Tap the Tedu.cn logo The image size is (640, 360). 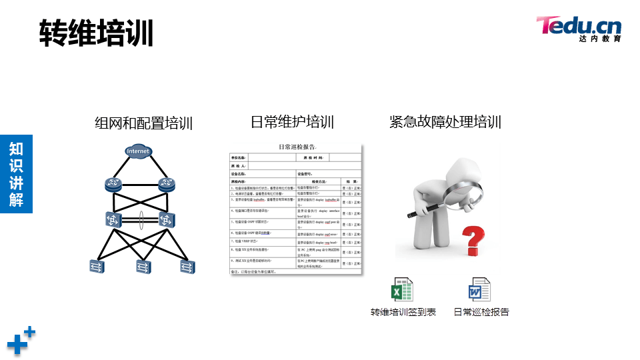tap(578, 29)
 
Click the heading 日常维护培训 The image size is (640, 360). tap(292, 122)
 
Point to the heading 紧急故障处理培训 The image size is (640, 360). tap(445, 122)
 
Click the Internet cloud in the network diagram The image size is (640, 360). tap(138, 151)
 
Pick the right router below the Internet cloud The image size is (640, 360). tap(166, 185)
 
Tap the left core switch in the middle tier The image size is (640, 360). tap(112, 218)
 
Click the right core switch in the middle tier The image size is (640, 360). tap(166, 218)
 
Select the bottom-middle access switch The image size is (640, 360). tap(144, 267)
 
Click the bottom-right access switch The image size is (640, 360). tap(187, 267)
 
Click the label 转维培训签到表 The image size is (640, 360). tap(403, 312)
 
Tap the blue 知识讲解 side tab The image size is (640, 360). tap(16, 173)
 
